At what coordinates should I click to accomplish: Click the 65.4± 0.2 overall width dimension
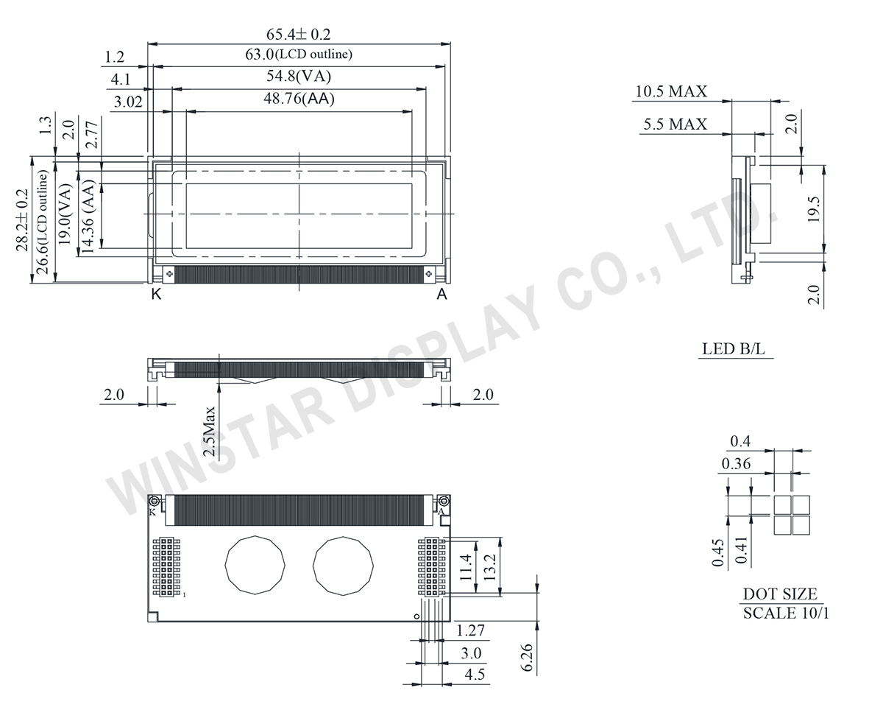point(299,35)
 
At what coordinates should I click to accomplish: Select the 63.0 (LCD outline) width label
point(299,54)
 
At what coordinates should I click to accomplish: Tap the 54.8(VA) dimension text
point(299,77)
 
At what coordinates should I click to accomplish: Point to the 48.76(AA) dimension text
point(299,99)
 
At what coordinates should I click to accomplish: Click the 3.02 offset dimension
point(129,102)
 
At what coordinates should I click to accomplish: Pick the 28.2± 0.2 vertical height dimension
point(23,221)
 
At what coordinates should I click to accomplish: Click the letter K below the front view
point(156,295)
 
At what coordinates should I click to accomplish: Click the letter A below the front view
point(441,295)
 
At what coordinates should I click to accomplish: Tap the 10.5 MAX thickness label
point(670,91)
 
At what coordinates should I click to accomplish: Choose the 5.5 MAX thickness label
point(675,124)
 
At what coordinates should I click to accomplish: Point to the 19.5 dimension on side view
point(814,208)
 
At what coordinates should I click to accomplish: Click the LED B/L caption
point(733,349)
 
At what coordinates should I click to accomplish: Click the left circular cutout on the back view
point(254,565)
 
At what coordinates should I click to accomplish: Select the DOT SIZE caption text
point(779,594)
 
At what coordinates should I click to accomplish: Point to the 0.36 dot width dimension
point(737,464)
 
